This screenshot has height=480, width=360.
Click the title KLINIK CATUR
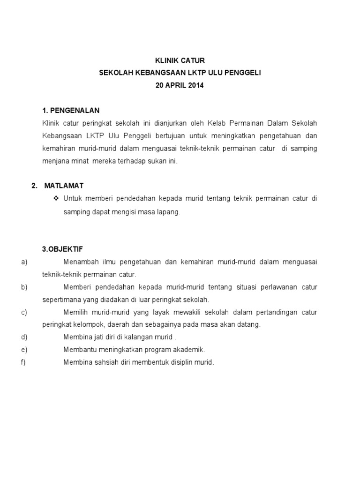coord(180,60)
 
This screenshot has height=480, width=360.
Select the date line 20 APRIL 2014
coord(180,86)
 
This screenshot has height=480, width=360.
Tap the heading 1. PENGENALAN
coord(71,110)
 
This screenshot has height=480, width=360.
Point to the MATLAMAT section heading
coord(64,186)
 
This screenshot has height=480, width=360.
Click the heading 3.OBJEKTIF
coord(62,249)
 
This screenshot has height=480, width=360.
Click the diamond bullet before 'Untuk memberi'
coord(57,199)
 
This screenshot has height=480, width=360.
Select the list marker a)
coord(24,262)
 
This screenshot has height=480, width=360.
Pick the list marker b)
coord(24,287)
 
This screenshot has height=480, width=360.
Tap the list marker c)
coord(24,312)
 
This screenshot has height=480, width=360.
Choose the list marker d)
coord(24,337)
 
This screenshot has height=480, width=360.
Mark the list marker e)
coord(24,350)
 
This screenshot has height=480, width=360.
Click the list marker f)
coord(24,362)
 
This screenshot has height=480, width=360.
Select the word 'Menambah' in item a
coord(78,262)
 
